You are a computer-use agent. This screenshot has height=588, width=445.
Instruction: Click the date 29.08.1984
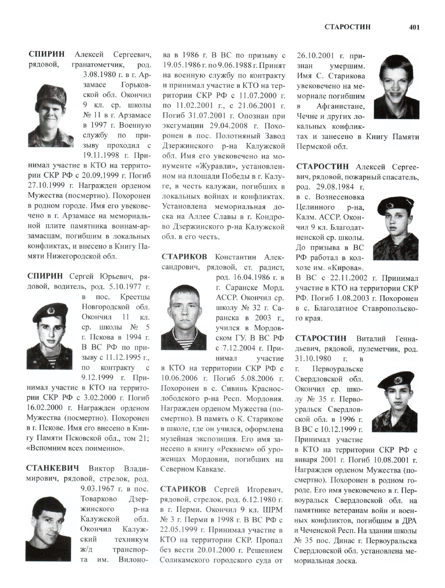pyautogui.click(x=335, y=187)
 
